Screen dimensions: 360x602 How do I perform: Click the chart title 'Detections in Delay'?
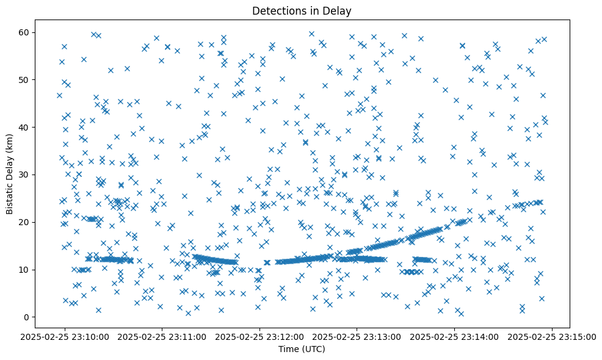coord(302,10)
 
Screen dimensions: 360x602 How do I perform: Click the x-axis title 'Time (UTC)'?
coord(302,350)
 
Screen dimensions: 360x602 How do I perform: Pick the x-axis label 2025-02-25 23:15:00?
coord(552,337)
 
